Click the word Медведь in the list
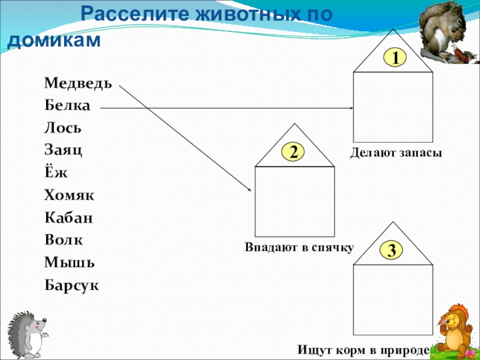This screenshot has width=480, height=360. point(77,83)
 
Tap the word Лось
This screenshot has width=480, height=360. point(62,128)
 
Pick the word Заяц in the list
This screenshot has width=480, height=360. point(63,150)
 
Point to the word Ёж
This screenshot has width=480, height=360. point(56,173)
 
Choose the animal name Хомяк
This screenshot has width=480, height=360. point(68,195)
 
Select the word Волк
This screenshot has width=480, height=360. point(63,240)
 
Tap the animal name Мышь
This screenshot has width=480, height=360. point(65,262)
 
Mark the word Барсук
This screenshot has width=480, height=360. point(71,284)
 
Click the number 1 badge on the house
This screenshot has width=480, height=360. point(395,58)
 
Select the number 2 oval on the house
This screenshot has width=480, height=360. point(294,152)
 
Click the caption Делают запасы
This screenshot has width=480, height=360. point(396,154)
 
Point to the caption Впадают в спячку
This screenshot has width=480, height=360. point(299,247)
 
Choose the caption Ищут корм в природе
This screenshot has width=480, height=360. point(364,349)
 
